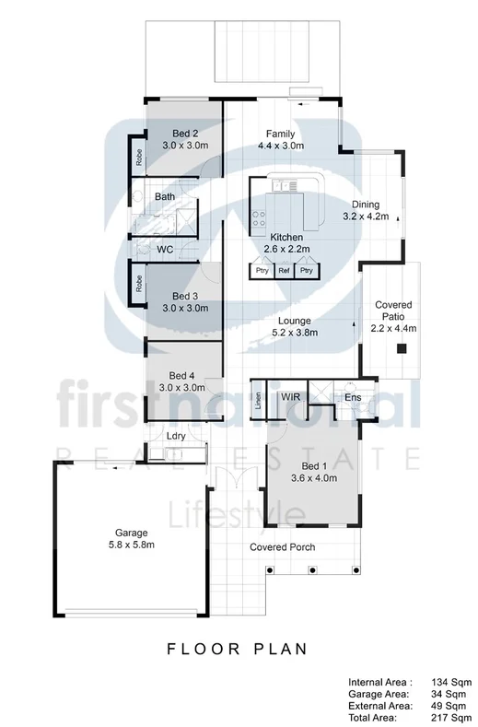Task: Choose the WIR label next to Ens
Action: coord(291,397)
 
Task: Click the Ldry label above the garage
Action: coord(176,436)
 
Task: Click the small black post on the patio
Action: coord(402,348)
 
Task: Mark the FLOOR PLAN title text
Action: coord(237,649)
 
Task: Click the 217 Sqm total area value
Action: coord(450,716)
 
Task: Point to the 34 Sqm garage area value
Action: coord(450,693)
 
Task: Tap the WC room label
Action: coord(166,250)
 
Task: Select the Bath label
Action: coord(165,197)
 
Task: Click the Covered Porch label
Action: coord(283,547)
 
